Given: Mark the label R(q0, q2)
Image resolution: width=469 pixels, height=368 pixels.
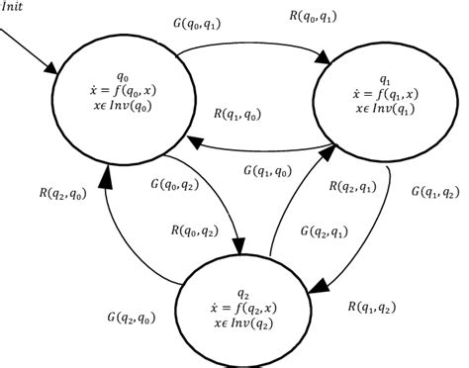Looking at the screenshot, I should [196, 230].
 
